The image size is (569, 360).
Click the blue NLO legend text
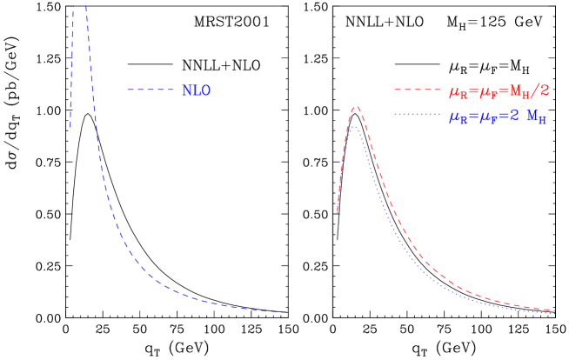[x=196, y=90]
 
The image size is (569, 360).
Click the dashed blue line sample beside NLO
[x=151, y=90]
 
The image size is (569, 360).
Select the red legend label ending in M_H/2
[x=499, y=90]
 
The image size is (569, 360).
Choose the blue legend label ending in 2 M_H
[x=497, y=117]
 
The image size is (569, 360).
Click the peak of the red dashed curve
[x=355, y=106]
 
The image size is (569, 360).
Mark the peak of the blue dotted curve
[x=353, y=127]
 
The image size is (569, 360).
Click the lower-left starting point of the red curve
[x=338, y=213]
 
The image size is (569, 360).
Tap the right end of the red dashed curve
[x=555, y=310]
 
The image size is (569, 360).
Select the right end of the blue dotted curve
[x=555, y=313]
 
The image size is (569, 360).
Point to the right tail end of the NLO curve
[x=284, y=312]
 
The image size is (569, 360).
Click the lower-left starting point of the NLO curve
[x=70, y=128]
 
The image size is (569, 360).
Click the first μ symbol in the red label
[x=453, y=91]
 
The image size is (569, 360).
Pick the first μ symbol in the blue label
[x=453, y=118]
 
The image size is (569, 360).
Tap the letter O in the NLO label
[x=205, y=90]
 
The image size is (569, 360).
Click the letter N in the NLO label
[x=186, y=90]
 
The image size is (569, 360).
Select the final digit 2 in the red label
[x=545, y=90]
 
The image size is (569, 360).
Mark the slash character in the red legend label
[x=536, y=90]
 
